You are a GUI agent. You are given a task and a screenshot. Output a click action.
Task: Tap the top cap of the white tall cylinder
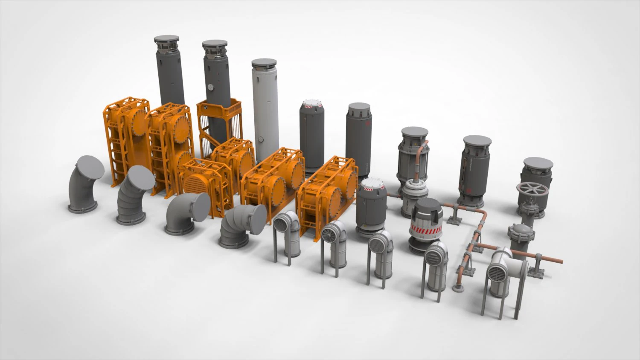[x=264, y=63]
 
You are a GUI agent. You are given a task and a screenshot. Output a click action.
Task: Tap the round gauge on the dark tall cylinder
[x=210, y=87]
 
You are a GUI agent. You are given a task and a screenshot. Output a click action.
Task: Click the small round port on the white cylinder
[x=259, y=139]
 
